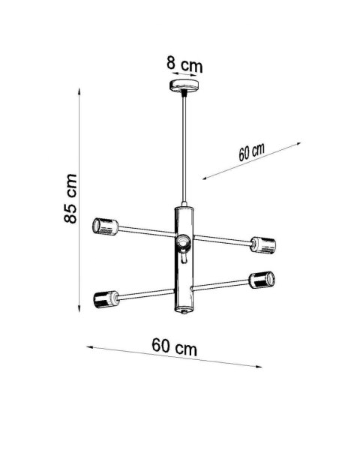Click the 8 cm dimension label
pos(184,64)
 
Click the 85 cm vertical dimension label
pos(69,199)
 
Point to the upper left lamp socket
pos(105,226)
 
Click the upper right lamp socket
pos(263,244)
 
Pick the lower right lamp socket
pos(262,280)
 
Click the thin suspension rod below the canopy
pos(184,150)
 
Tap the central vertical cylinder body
pos(184,262)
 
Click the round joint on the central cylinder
pos(183,243)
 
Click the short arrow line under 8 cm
pos(184,74)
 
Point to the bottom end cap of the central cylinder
pos(184,310)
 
